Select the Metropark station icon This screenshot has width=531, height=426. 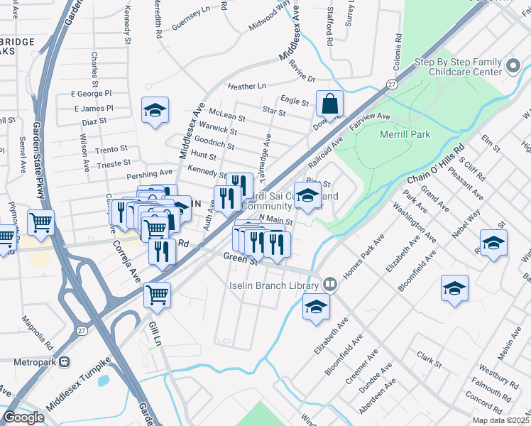pos(65,361)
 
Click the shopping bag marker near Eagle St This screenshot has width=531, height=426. pos(329,104)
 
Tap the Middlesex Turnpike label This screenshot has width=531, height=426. pos(78,393)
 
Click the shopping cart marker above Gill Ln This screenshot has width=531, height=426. pos(157,294)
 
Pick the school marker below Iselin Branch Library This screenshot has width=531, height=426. pos(315,307)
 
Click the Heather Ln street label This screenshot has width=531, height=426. pos(246,87)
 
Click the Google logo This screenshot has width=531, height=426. pos(23,417)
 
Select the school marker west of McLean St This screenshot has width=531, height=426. pos(155,110)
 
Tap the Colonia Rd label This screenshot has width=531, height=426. pos(399,48)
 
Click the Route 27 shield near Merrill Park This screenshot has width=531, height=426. pos(391,84)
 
